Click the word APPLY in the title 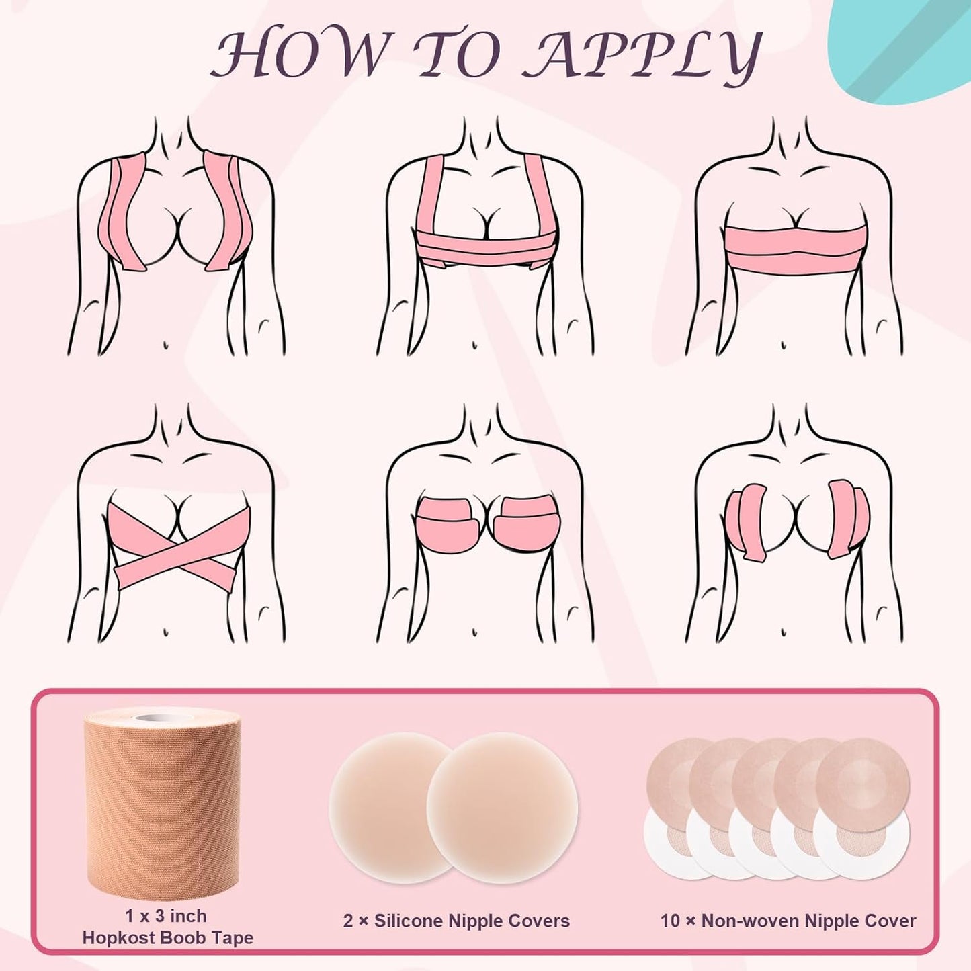point(642,54)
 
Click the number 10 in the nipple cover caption point(670,921)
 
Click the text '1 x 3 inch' point(165,916)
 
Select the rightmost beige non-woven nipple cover point(863,783)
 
